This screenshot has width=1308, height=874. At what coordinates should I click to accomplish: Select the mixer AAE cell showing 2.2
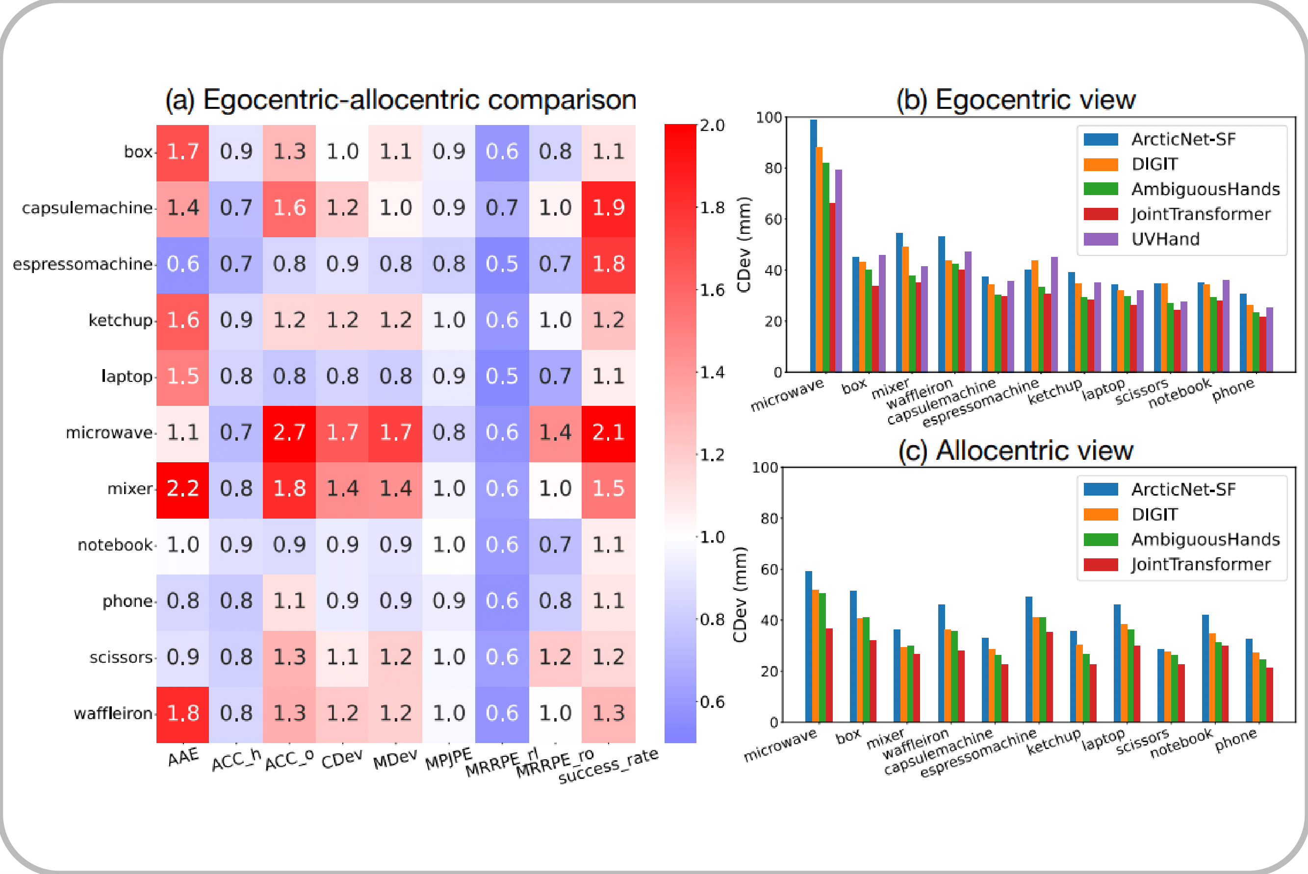click(x=183, y=489)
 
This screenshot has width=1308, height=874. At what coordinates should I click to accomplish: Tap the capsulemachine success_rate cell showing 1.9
click(x=608, y=208)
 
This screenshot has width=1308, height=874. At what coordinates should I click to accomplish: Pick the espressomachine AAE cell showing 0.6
click(x=183, y=265)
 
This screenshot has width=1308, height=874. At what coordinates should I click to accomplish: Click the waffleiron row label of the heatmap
click(x=113, y=714)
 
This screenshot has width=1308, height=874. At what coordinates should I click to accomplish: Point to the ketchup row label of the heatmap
click(x=121, y=321)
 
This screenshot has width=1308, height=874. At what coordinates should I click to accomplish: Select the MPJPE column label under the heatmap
click(x=448, y=759)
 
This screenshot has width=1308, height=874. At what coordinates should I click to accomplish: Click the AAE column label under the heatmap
click(x=183, y=757)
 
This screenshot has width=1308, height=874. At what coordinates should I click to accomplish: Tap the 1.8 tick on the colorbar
click(x=713, y=208)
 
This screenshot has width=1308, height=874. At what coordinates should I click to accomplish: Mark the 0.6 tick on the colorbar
click(x=713, y=702)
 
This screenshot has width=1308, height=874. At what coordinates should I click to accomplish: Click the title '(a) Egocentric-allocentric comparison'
click(x=400, y=100)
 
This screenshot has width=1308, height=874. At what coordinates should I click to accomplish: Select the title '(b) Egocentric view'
click(x=1015, y=100)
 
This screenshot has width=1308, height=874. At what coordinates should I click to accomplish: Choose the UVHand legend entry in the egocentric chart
click(x=1165, y=239)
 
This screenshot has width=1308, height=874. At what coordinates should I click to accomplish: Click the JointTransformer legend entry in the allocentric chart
click(x=1200, y=565)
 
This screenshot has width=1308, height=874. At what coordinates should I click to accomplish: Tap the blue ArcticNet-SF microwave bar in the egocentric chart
click(x=814, y=245)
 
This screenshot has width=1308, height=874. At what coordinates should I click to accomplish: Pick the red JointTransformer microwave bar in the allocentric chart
click(x=829, y=675)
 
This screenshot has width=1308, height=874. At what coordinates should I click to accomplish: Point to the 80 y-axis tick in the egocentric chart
click(x=773, y=168)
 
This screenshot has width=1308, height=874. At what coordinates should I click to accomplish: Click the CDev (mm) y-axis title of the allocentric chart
click(x=739, y=594)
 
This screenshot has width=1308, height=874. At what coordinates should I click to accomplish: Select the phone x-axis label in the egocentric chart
click(x=1233, y=390)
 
